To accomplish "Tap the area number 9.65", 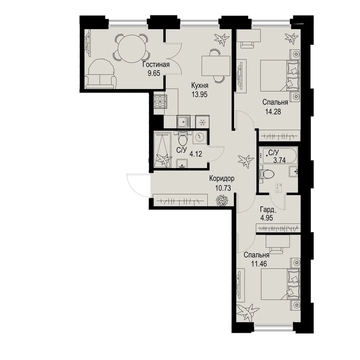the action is coord(154,73).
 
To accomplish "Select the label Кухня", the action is coord(200,86).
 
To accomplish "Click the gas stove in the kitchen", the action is coord(160,101).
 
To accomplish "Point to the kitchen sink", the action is coord(183,121).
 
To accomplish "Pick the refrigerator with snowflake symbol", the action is coord(202,122).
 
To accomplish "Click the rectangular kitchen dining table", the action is coord(216,66).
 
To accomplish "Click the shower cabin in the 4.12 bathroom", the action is coord(162,149).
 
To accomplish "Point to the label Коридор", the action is coord(222,178).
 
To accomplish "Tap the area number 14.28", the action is coord(273,112).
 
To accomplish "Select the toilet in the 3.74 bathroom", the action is coord(266,174).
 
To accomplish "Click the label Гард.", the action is coord(268,209).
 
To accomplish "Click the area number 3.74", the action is coord(279,160).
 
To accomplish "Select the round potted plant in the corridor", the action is coord(222,200).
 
